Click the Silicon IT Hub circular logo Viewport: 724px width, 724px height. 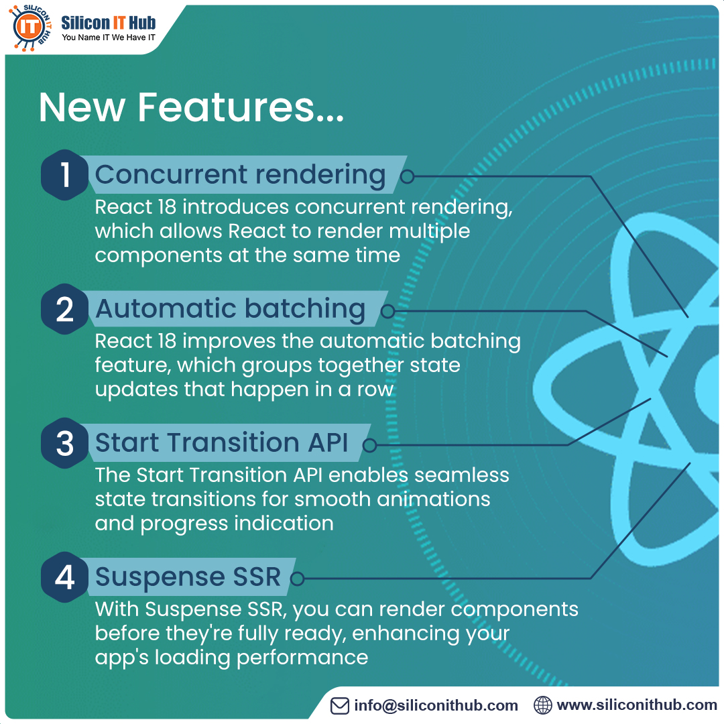click(30, 27)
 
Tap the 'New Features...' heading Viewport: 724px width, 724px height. click(191, 107)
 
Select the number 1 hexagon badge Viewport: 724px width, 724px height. click(64, 174)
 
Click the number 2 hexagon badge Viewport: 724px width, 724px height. click(64, 309)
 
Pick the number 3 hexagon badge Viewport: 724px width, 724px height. click(64, 443)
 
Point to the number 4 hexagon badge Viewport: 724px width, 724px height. click(64, 577)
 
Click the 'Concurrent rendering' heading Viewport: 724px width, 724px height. click(240, 174)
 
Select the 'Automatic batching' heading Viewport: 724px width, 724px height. click(230, 309)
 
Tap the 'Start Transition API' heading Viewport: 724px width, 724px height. click(221, 443)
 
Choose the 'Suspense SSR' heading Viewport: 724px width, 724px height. click(188, 577)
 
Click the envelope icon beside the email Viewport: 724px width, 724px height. click(341, 705)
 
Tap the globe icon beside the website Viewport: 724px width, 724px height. click(543, 705)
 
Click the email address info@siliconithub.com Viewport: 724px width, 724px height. click(436, 705)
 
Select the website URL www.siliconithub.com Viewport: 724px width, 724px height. click(637, 705)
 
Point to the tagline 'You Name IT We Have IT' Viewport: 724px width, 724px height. click(109, 38)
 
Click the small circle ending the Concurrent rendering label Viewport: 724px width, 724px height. click(407, 176)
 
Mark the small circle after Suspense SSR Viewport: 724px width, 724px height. click(298, 579)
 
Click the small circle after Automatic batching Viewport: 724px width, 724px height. click(387, 311)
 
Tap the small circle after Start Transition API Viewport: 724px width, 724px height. click(369, 445)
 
